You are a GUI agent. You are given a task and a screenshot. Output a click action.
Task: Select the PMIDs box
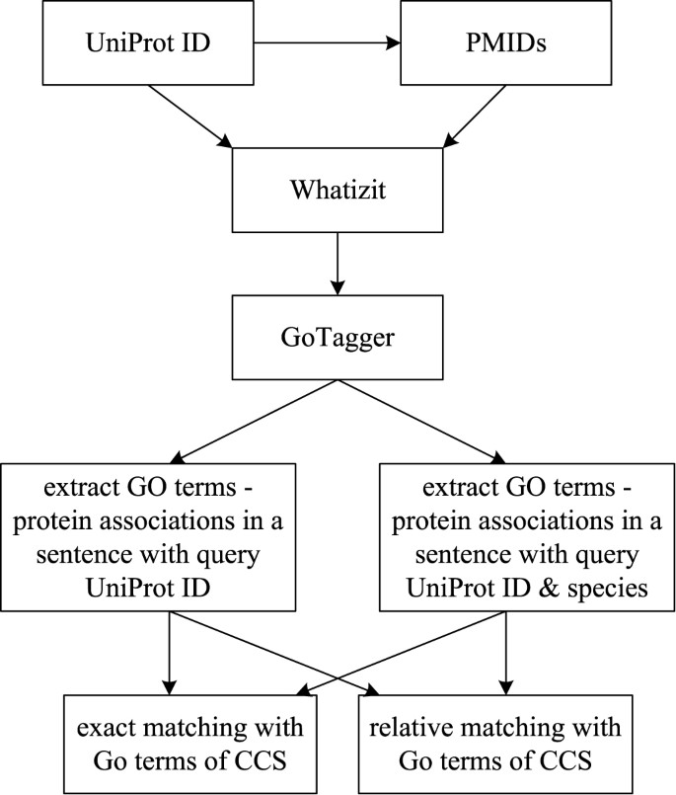(462, 45)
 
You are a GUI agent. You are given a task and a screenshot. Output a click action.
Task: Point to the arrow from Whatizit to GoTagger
(337, 261)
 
